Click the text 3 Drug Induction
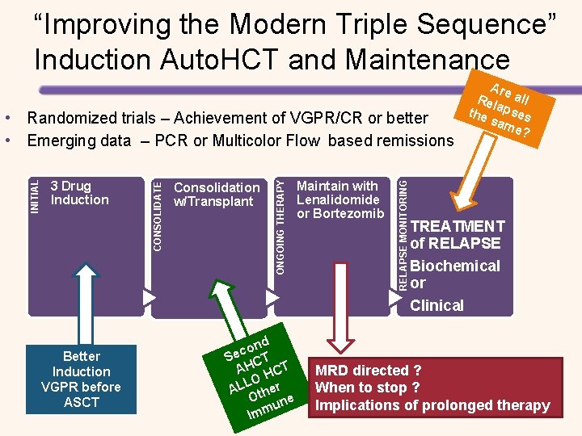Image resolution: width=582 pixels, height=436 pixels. (79, 193)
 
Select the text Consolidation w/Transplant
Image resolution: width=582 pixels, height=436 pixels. (217, 194)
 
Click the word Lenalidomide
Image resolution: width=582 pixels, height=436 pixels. (338, 199)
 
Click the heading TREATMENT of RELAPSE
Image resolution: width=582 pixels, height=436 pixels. (457, 235)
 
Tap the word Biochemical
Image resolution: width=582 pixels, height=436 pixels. (455, 266)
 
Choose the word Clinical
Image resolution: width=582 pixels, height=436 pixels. (436, 305)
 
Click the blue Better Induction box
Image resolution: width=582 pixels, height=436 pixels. (81, 379)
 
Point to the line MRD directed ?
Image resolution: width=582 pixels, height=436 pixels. (368, 371)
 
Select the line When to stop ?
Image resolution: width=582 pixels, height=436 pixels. (367, 388)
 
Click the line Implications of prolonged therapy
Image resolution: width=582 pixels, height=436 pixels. (432, 405)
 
